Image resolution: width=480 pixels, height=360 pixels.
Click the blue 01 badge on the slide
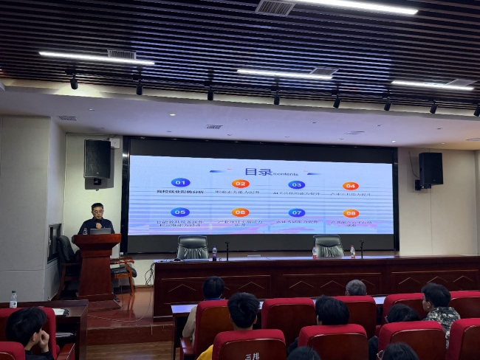tap(180, 182)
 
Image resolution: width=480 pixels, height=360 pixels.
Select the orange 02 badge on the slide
tap(240, 184)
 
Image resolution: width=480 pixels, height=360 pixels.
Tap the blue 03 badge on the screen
tap(296, 184)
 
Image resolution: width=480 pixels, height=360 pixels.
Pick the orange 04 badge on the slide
tap(350, 186)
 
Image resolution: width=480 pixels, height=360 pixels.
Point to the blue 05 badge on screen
tap(179, 212)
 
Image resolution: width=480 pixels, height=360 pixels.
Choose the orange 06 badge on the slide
tap(240, 212)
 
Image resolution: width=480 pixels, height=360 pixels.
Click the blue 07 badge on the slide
tap(296, 212)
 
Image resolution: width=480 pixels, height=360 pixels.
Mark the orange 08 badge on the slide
tap(351, 213)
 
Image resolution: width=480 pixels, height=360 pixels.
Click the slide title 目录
tap(258, 172)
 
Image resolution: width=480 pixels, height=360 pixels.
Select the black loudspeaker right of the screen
tap(431, 169)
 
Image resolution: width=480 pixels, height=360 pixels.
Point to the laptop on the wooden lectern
tap(100, 231)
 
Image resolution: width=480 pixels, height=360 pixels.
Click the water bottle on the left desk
tap(13, 299)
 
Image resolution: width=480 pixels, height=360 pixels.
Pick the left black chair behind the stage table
tap(192, 247)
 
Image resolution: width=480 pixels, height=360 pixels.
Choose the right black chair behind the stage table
tap(329, 246)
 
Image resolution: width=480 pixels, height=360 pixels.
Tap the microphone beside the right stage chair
tap(361, 249)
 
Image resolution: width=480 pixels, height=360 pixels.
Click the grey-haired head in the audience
tap(356, 288)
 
